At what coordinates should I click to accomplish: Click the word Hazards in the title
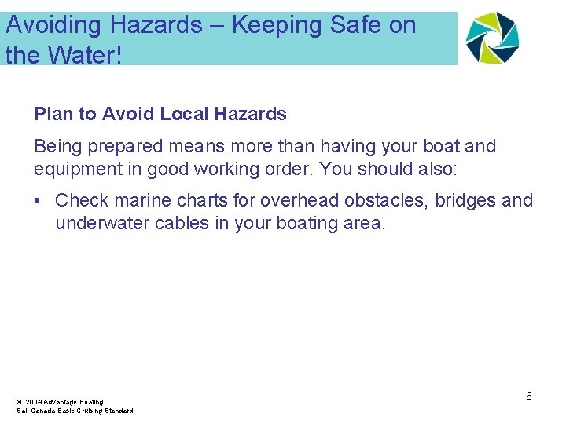click(156, 26)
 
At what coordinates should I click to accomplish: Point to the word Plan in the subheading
click(53, 115)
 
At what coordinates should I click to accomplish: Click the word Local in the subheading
click(183, 115)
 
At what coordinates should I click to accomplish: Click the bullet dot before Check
click(39, 201)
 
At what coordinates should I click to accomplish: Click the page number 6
click(529, 396)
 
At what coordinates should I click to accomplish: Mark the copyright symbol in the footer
click(19, 402)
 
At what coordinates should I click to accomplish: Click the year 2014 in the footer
click(34, 402)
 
